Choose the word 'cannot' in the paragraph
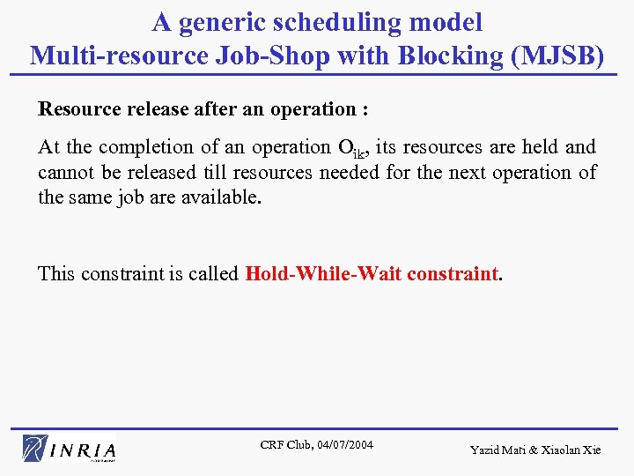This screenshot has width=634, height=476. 65,172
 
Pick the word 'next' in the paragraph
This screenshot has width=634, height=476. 472,172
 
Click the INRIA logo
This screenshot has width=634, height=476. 70,448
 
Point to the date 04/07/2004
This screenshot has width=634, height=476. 343,444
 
